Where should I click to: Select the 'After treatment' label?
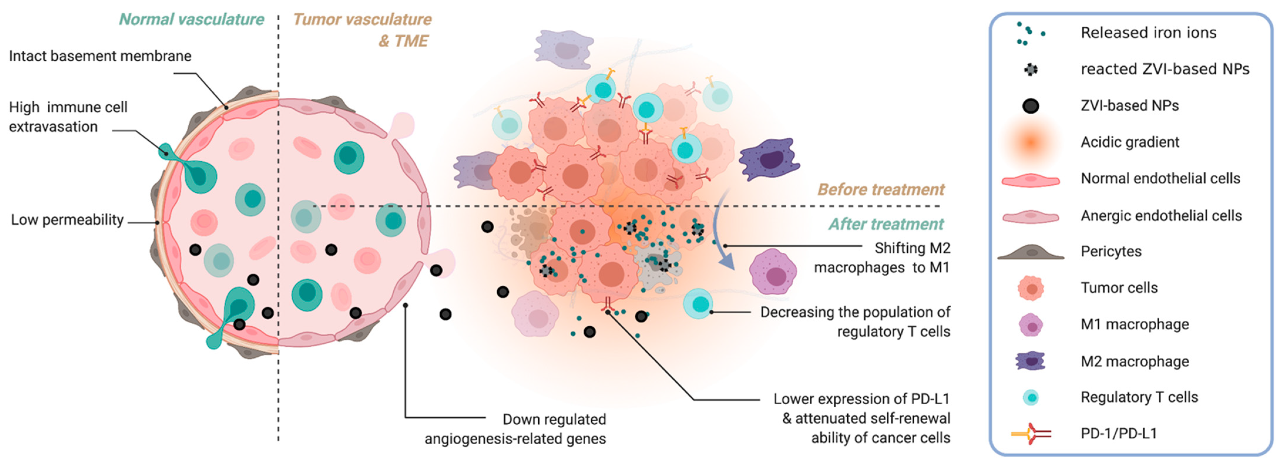(886, 224)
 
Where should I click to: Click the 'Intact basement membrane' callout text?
(100, 56)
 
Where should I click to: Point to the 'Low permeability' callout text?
(67, 220)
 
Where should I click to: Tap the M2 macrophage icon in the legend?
(1031, 361)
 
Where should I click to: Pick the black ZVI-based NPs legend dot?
(1031, 106)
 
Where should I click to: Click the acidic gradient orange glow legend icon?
(1031, 142)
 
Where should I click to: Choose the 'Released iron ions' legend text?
(1148, 33)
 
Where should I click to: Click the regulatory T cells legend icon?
(1031, 397)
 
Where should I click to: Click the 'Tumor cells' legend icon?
(1031, 288)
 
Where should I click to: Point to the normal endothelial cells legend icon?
(1031, 180)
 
